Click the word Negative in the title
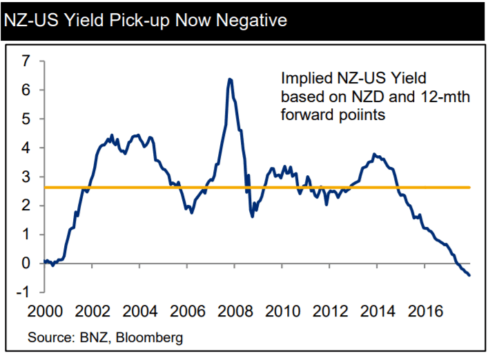coord(246,21)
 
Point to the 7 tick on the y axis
coord(26,61)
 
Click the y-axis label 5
coord(26,119)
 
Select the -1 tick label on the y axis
coord(22,292)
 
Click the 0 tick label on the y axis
coord(26,263)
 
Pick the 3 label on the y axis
coord(26,177)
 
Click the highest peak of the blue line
coord(229,79)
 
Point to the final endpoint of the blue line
coord(470,275)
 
